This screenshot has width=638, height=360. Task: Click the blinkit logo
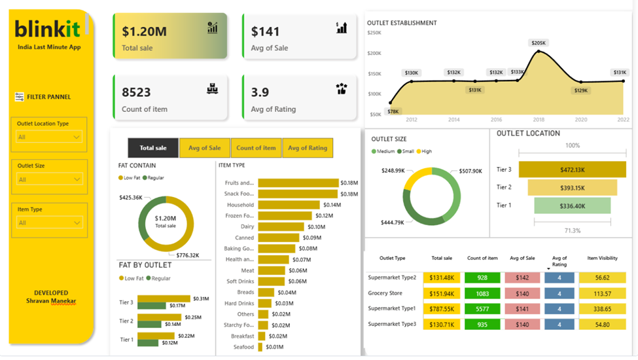coord(48,29)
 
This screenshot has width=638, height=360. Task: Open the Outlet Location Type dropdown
coord(49,137)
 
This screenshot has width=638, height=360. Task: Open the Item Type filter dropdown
coord(49,223)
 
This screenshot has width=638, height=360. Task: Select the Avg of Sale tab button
coord(205,148)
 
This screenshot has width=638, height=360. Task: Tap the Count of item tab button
coord(256,148)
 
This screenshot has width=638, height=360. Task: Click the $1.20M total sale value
coord(145,31)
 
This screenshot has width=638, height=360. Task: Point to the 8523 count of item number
coord(136,92)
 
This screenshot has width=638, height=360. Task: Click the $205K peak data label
coord(539,43)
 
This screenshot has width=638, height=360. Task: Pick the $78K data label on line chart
coord(393,111)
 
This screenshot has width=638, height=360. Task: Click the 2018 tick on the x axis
coord(539,120)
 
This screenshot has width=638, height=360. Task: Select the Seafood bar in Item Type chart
coord(260,347)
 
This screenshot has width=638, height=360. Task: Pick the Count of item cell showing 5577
coord(482,308)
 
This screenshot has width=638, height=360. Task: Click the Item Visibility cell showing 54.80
coord(602,324)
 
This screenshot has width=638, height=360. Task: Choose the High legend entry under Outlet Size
coord(425,151)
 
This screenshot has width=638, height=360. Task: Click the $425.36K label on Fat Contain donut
coord(131,197)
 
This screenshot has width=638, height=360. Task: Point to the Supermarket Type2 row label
coord(391,278)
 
